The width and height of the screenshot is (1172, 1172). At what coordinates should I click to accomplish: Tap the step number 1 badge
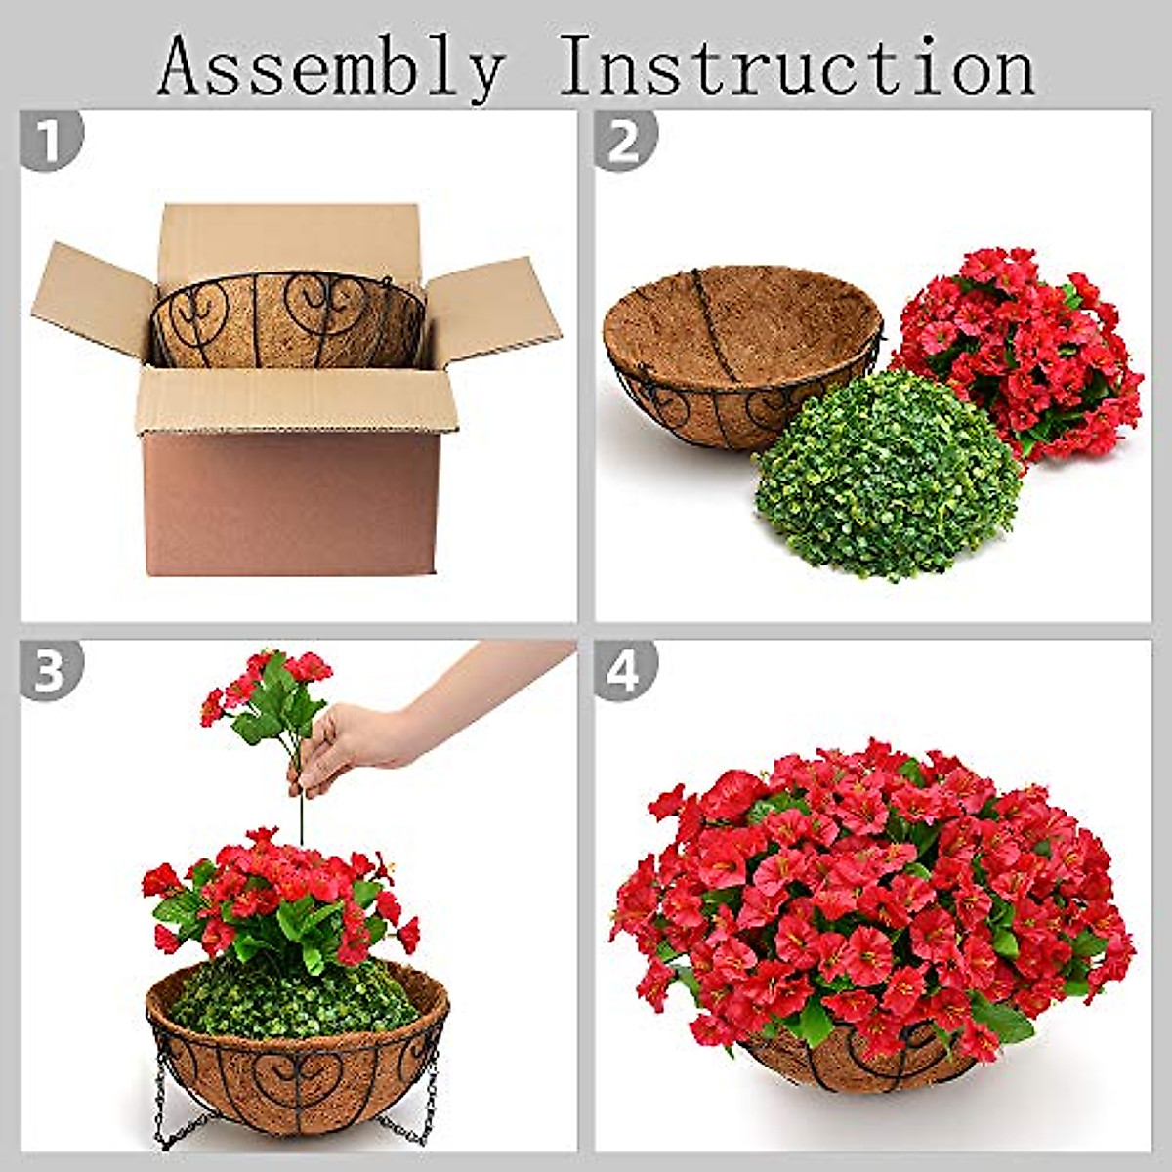pyautogui.click(x=51, y=141)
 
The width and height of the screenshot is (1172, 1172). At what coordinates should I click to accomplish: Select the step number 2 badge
pyautogui.click(x=625, y=141)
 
